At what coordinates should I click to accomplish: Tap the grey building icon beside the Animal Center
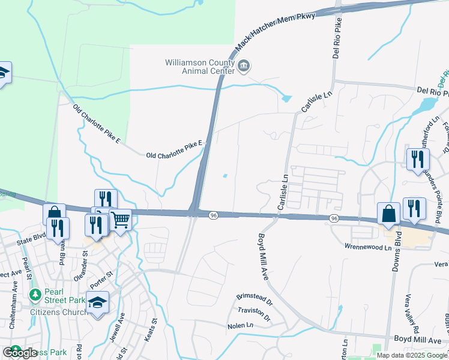[243, 66]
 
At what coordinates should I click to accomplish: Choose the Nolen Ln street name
[241, 326]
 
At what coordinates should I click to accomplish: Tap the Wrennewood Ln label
[368, 247]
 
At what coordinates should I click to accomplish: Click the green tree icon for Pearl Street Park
[35, 294]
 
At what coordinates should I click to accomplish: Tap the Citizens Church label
[58, 312]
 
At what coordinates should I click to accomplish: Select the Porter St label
[101, 279]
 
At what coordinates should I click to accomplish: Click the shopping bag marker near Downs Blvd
[388, 214]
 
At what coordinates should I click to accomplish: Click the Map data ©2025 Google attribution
[412, 355]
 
